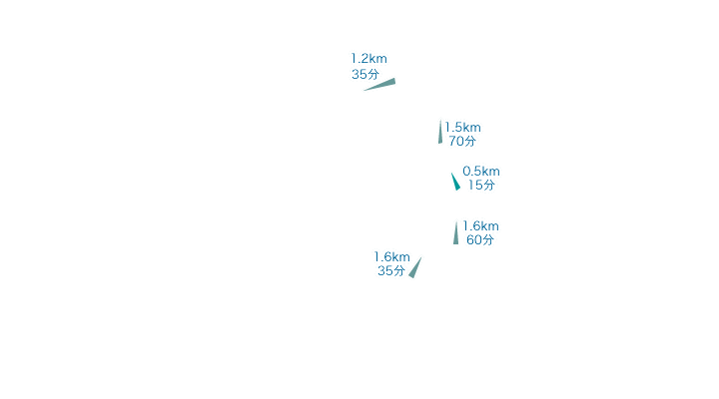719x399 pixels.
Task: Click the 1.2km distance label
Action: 369,59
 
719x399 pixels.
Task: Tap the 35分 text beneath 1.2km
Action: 365,74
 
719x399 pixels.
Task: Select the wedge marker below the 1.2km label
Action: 379,85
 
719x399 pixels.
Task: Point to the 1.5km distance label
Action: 463,128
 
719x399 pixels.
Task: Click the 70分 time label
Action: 462,141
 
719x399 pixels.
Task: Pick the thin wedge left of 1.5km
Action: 440,132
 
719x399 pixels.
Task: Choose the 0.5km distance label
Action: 481,172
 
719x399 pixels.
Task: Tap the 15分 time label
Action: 481,186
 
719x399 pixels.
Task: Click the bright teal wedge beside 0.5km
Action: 455,182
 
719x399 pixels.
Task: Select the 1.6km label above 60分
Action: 480,226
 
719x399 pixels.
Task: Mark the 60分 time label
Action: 480,239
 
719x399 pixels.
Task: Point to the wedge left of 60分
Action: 455,232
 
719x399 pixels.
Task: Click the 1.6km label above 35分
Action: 392,257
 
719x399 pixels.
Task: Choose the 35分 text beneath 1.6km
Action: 391,270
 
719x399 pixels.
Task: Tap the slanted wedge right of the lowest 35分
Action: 415,268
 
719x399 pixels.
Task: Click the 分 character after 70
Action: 470,141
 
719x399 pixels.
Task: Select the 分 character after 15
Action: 489,186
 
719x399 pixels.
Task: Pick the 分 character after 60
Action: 488,239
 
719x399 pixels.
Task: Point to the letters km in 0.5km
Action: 491,172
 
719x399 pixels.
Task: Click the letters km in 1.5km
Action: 472,128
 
